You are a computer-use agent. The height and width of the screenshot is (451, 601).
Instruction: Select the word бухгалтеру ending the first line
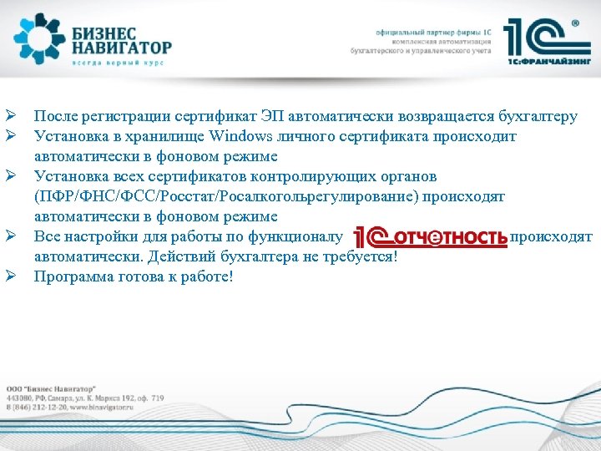538,116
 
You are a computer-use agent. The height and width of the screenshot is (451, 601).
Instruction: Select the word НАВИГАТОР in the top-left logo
121,48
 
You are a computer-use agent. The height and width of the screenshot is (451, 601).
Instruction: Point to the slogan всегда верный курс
117,63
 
